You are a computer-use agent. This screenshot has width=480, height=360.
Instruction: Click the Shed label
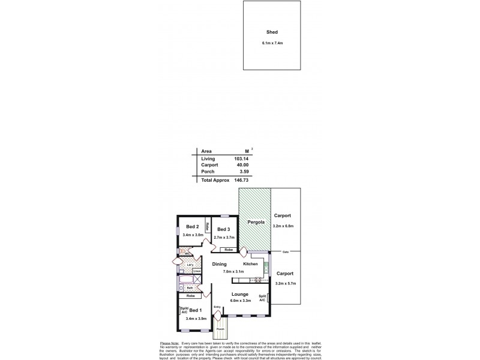(x=272, y=33)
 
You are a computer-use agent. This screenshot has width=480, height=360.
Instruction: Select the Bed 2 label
(x=192, y=226)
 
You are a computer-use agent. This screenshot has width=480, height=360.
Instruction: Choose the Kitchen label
(x=250, y=264)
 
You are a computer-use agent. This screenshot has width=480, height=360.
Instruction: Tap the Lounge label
(x=240, y=294)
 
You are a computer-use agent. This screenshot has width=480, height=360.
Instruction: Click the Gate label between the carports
(x=285, y=252)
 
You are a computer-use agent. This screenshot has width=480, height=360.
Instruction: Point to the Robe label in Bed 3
(x=228, y=250)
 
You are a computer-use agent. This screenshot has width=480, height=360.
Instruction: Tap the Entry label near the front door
(x=217, y=308)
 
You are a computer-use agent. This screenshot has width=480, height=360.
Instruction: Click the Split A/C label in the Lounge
(x=262, y=298)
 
